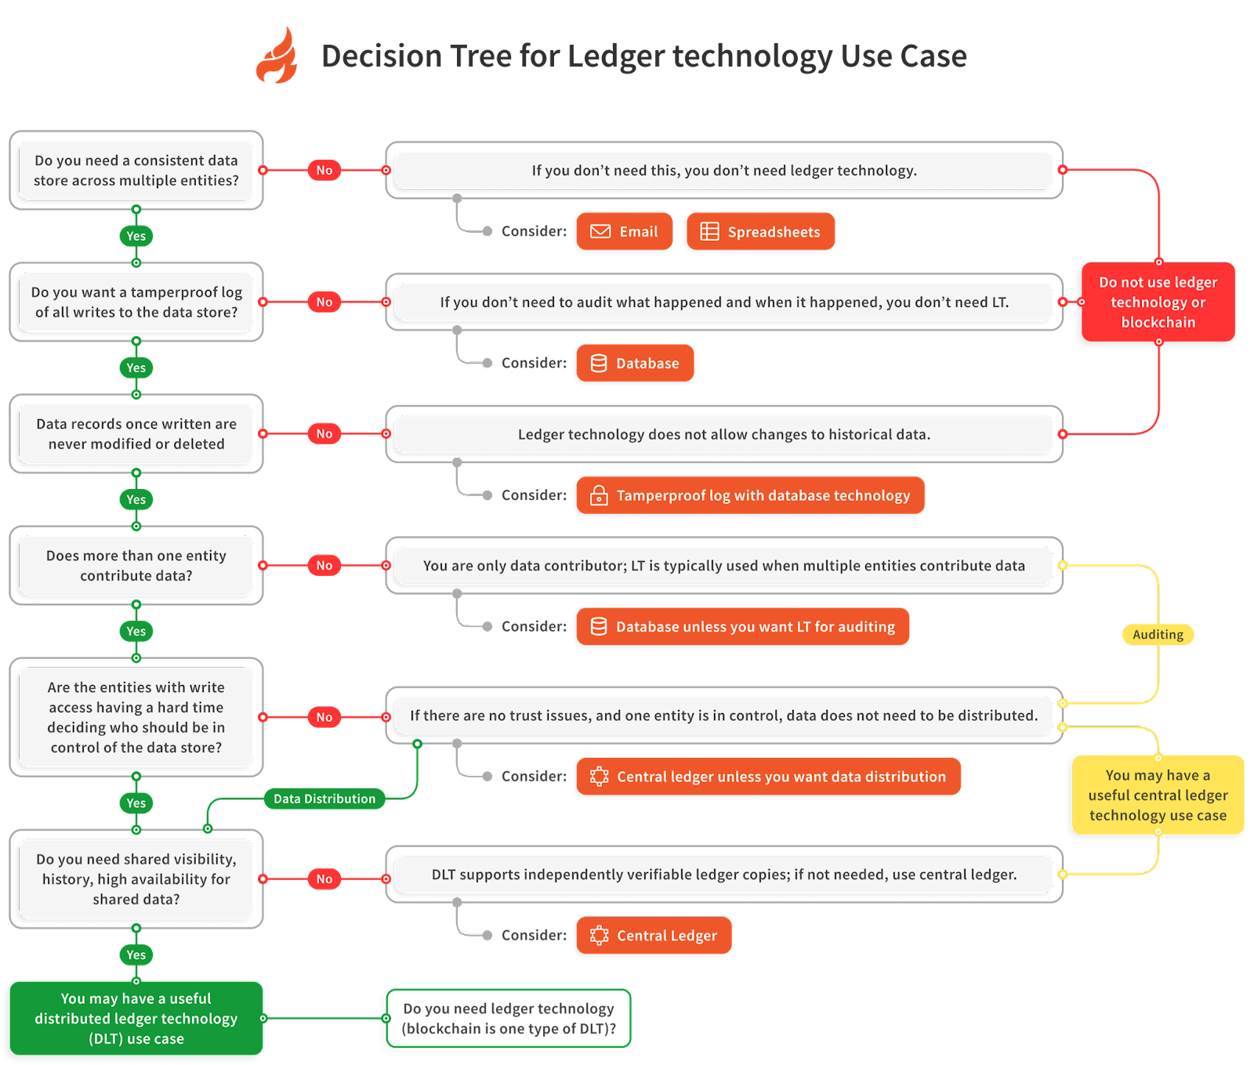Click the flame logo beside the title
point(277,56)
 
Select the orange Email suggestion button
point(624,231)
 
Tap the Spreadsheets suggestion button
point(760,231)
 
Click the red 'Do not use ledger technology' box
point(1158,302)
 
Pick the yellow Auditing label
point(1158,635)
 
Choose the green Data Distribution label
point(324,799)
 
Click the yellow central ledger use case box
point(1158,795)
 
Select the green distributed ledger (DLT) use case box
point(136,1018)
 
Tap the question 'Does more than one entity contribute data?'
point(136,565)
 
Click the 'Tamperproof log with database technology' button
point(750,495)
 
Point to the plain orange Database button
point(635,363)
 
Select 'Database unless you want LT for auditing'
point(742,626)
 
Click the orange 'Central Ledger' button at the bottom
point(654,935)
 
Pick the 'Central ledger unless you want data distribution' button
point(768,776)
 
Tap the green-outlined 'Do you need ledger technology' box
point(509,1018)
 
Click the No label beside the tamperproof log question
point(324,302)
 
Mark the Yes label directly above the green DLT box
point(136,955)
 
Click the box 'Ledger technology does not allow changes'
point(723,434)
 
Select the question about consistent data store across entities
point(136,170)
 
